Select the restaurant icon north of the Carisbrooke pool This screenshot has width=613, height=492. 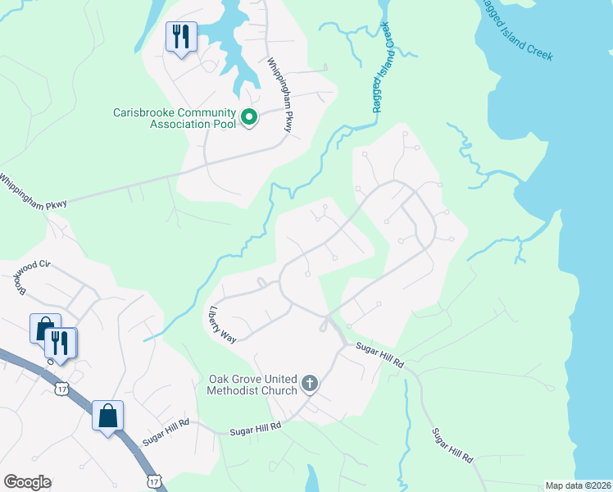pos(181,37)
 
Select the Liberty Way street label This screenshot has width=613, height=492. pos(223,326)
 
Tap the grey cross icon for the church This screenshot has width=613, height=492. pos(310,383)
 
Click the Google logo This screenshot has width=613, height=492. pos(27,482)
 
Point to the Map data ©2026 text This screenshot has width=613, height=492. pos(578,485)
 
